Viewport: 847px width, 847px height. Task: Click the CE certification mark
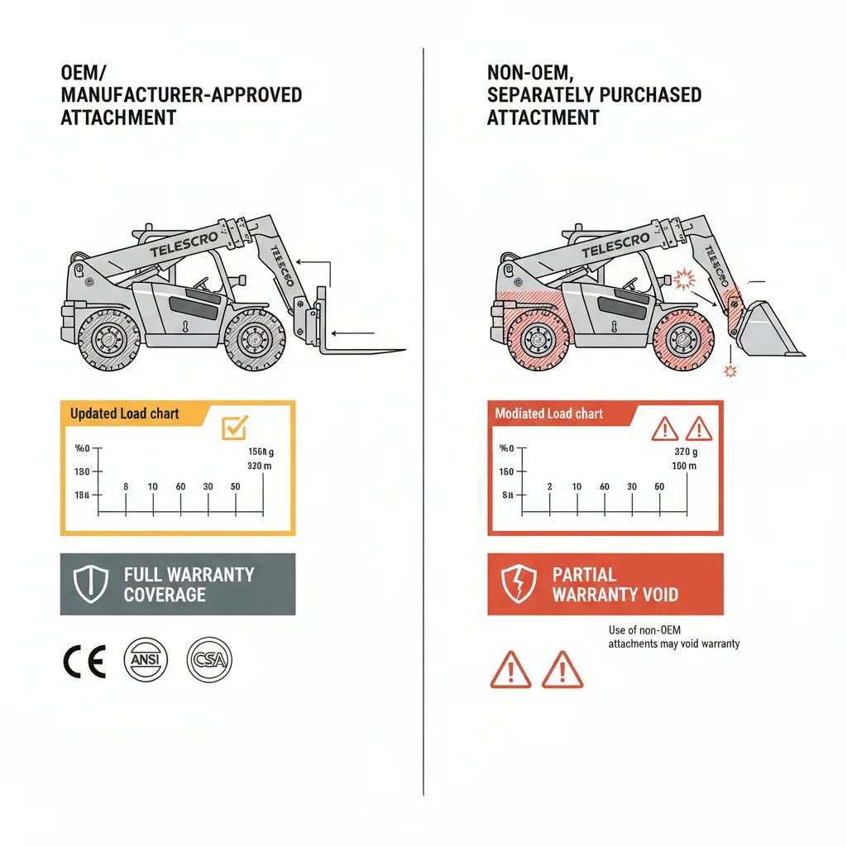(x=84, y=661)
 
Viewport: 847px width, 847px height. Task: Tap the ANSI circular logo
(x=145, y=660)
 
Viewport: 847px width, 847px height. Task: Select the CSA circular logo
(x=209, y=660)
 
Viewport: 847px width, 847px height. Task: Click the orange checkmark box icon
(x=235, y=427)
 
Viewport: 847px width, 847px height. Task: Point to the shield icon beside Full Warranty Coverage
(x=91, y=584)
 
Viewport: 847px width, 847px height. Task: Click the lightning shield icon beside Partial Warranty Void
(x=517, y=584)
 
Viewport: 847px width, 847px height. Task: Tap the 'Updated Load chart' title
(x=124, y=414)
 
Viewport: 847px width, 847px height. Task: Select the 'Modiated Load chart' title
(x=548, y=414)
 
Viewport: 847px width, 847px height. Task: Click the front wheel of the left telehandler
(x=256, y=339)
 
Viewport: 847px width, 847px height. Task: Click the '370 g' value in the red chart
(x=686, y=452)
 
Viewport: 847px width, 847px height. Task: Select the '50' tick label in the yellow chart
(x=236, y=486)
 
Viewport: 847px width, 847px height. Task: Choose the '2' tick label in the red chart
(x=550, y=486)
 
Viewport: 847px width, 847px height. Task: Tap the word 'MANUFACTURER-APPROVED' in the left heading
(x=181, y=94)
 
